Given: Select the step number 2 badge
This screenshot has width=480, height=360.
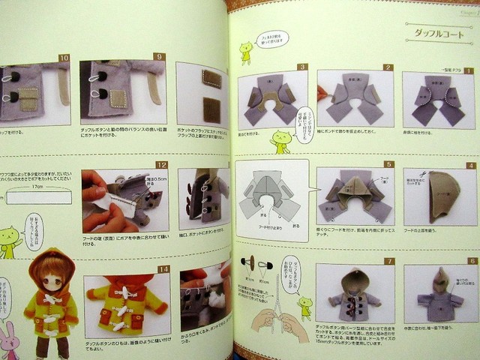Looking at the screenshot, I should coord(387,67).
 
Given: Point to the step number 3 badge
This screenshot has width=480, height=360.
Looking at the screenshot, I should coord(301,67).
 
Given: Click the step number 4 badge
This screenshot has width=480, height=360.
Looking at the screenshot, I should coord(471,165).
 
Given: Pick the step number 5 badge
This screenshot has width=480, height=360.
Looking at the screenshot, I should coord(388,163).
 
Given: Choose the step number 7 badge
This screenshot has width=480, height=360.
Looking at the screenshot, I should coord(388,262).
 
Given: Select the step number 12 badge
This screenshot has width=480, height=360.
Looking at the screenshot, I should coord(160,164).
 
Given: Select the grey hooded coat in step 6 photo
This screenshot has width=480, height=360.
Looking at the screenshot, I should coord(442,300).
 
